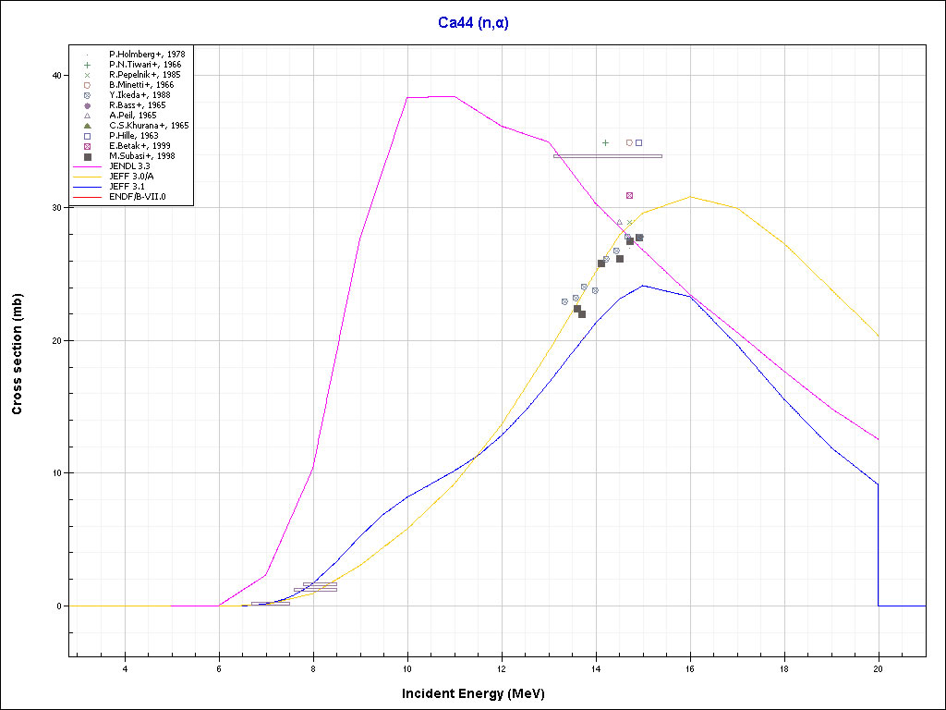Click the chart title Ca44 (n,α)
(473, 22)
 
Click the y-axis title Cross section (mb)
(18, 353)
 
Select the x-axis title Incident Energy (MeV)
(479, 693)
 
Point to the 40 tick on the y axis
(56, 75)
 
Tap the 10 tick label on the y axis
(56, 473)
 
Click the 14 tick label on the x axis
(596, 667)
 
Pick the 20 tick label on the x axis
(879, 667)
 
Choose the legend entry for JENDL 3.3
(129, 166)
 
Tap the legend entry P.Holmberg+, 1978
(147, 55)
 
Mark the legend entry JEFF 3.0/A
(132, 177)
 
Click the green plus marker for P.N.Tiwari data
(605, 143)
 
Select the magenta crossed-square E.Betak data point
(629, 196)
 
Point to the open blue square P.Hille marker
(638, 143)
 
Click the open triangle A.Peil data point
(619, 223)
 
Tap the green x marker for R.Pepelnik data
(629, 223)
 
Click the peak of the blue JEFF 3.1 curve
(643, 286)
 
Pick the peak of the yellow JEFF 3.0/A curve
(690, 197)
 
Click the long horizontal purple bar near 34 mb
(607, 156)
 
